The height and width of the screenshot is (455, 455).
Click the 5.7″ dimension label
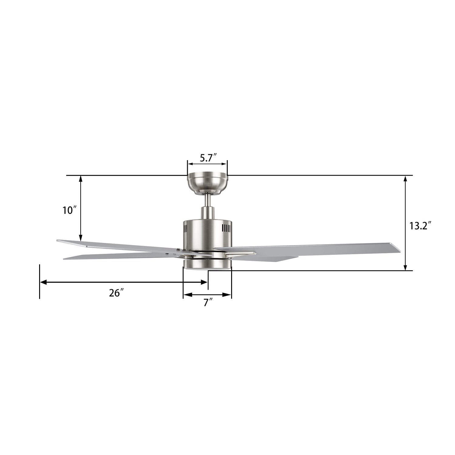point(208,158)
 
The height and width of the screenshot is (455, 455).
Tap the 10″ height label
point(69,210)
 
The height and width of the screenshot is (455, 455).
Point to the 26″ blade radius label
point(116,293)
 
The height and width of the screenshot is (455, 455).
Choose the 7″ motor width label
point(208,302)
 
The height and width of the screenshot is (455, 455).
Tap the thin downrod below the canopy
point(208,200)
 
